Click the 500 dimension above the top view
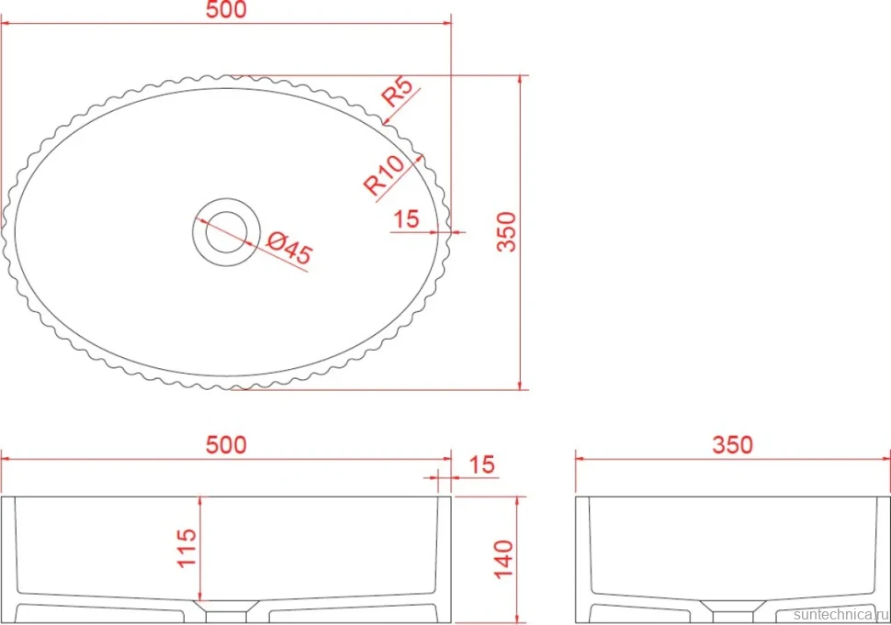[226, 10]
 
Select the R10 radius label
[384, 175]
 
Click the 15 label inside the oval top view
[406, 219]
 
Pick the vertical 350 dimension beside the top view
[506, 231]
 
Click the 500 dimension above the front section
[226, 445]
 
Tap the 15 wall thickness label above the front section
[482, 465]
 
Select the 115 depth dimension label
[186, 548]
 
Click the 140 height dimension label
[503, 560]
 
